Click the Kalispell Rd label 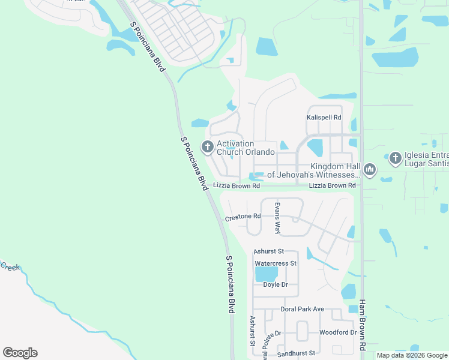(x=324, y=118)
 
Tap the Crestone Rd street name (x=243, y=217)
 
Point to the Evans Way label (x=277, y=218)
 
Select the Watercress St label (x=276, y=263)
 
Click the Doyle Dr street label (x=276, y=285)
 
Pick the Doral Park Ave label (x=302, y=310)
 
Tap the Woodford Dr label (x=338, y=332)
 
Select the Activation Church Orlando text (x=245, y=148)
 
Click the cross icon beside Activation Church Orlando (x=207, y=146)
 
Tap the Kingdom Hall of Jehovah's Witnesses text (x=313, y=171)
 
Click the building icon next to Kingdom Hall (x=370, y=170)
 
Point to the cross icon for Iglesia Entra (x=395, y=158)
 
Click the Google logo (x=20, y=353)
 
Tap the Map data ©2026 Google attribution (x=412, y=355)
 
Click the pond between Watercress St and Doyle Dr (x=266, y=274)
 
